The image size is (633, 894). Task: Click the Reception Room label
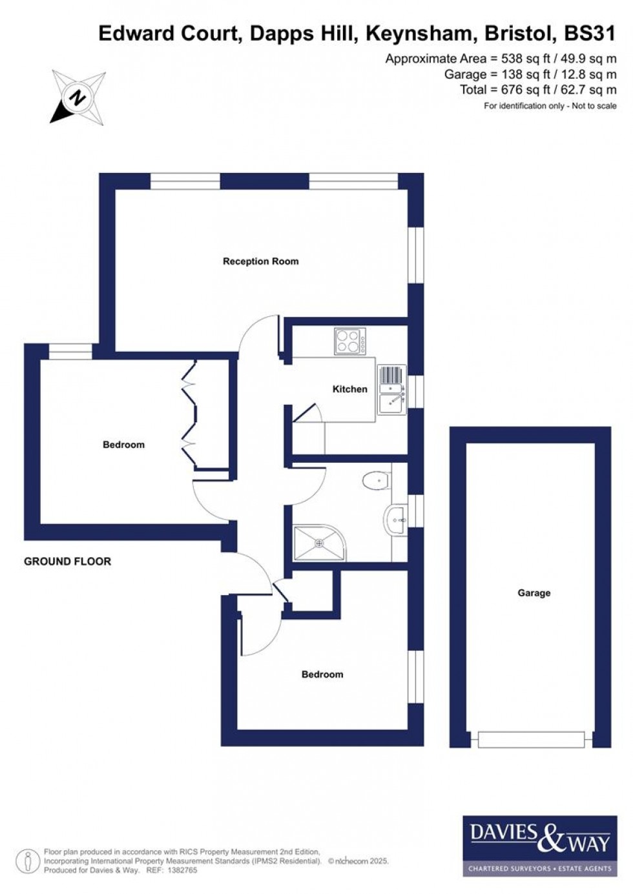pyautogui.click(x=260, y=261)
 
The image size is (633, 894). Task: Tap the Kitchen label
pyautogui.click(x=349, y=389)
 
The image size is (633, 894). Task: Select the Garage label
pyautogui.click(x=534, y=593)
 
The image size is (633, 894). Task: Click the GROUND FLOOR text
pyautogui.click(x=67, y=562)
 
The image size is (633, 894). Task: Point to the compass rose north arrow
pyautogui.click(x=78, y=97)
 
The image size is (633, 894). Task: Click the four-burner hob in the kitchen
pyautogui.click(x=349, y=341)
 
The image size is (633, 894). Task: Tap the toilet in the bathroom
pyautogui.click(x=377, y=481)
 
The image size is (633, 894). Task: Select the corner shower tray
pyautogui.click(x=319, y=543)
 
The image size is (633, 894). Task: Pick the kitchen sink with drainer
pyautogui.click(x=391, y=391)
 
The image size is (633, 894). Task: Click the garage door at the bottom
pyautogui.click(x=531, y=740)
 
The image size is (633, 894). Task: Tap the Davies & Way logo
pyautogui.click(x=539, y=846)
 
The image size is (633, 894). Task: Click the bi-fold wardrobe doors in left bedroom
pyautogui.click(x=189, y=413)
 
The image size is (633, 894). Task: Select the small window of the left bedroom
pyautogui.click(x=70, y=351)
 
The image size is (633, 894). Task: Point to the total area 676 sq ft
pyautogui.click(x=537, y=90)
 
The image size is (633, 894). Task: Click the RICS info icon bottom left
pyautogui.click(x=28, y=861)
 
